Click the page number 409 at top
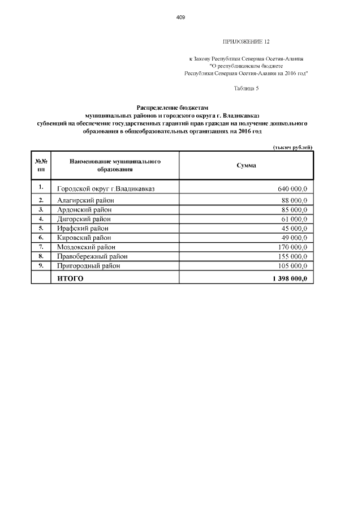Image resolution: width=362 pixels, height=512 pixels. [181, 18]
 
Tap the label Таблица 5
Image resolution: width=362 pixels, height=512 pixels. [246, 88]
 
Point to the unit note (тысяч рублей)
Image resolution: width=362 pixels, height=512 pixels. [292, 147]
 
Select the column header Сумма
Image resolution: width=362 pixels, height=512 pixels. [246, 165]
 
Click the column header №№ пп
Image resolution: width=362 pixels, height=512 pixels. [41, 165]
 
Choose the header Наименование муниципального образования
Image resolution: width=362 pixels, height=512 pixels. [115, 165]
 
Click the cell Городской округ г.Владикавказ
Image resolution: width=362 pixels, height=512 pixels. [106, 188]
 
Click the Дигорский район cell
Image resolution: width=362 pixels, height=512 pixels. [84, 219]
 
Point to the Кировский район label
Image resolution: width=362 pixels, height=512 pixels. [85, 238]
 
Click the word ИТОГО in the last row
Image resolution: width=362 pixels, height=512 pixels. [70, 278]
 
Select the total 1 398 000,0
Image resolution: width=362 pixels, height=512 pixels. [290, 278]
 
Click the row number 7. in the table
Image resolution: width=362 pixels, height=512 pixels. [41, 247]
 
